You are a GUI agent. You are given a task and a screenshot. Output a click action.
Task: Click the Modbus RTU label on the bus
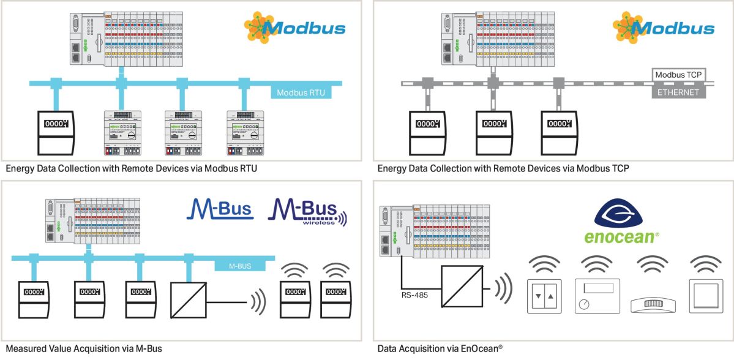(x=301, y=94)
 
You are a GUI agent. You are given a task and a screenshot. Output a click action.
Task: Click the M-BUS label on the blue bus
(x=241, y=266)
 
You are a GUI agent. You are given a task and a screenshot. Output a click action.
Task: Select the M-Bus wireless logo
(x=307, y=211)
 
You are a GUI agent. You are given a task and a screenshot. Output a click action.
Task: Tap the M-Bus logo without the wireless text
(x=220, y=209)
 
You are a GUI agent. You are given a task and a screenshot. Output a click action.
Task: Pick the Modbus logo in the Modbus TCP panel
(x=664, y=27)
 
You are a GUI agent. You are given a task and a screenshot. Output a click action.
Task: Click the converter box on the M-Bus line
(x=188, y=299)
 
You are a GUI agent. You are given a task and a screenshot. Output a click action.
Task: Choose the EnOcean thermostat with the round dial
(x=597, y=297)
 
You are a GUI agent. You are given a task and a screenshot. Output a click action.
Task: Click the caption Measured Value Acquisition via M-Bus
(x=83, y=348)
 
